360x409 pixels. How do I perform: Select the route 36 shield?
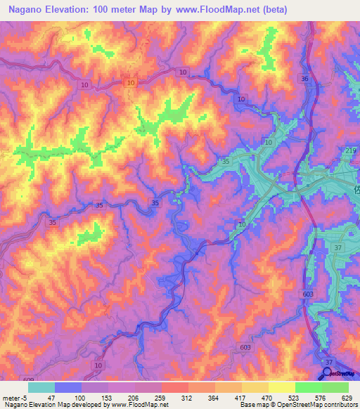coord(304,79)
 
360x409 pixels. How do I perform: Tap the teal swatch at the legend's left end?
coord(41,387)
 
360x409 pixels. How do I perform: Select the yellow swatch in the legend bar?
coord(282,387)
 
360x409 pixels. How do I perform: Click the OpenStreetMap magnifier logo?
coord(328,373)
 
